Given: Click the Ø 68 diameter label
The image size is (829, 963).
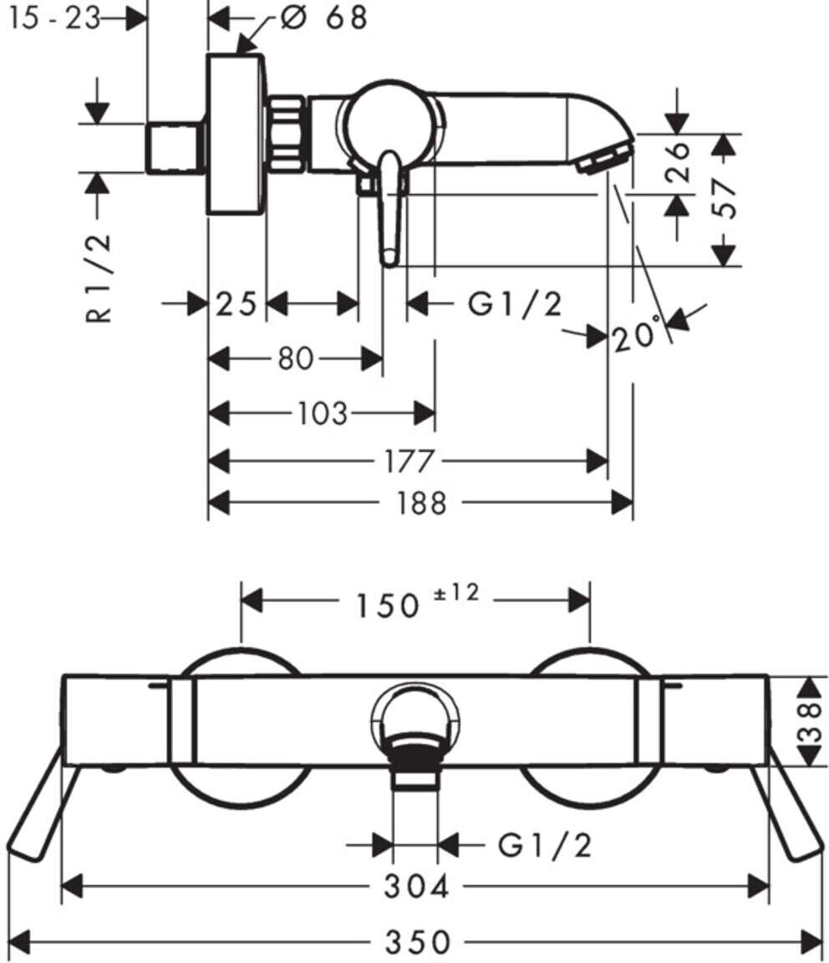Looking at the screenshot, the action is click(324, 18).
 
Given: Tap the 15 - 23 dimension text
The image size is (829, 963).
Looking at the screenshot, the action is click(54, 18).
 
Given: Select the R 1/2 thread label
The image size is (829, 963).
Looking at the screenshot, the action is click(99, 278).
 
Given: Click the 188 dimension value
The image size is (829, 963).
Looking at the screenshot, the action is click(421, 503).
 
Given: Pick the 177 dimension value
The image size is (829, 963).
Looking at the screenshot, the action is click(409, 461).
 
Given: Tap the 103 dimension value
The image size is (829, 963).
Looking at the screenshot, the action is click(323, 413).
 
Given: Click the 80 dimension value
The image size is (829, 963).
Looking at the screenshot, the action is click(296, 359).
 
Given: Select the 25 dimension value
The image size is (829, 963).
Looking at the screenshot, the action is click(236, 304).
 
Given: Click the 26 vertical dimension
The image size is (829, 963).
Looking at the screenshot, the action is click(678, 162).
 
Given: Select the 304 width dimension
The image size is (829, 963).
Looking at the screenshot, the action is click(416, 887).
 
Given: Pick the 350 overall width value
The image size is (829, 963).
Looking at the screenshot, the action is click(418, 941).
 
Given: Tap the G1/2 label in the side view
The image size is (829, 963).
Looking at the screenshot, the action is click(515, 304).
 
